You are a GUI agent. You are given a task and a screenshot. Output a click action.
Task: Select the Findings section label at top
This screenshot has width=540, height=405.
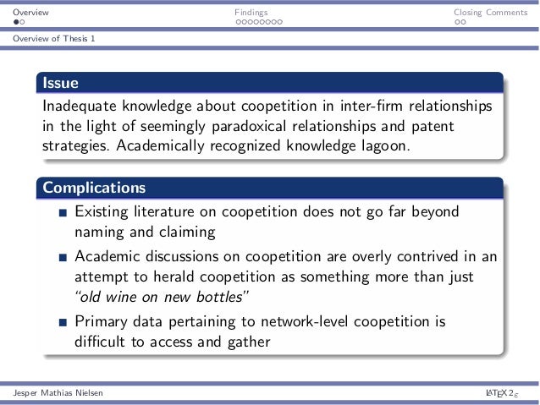click(251, 12)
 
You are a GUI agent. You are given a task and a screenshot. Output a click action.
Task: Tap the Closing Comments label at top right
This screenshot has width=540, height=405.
click(490, 12)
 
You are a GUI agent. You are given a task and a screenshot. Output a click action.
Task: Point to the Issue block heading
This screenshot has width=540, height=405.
click(61, 83)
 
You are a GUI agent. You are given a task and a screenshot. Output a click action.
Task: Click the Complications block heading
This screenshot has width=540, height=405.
click(94, 188)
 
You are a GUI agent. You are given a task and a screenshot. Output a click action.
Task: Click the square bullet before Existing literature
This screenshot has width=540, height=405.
click(63, 212)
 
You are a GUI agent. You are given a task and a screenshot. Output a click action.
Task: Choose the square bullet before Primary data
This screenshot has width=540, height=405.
click(63, 323)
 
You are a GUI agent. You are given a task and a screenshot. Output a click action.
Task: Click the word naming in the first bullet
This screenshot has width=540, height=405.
click(101, 232)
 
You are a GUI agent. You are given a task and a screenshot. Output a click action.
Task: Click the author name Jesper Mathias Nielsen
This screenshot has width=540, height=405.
click(60, 395)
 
